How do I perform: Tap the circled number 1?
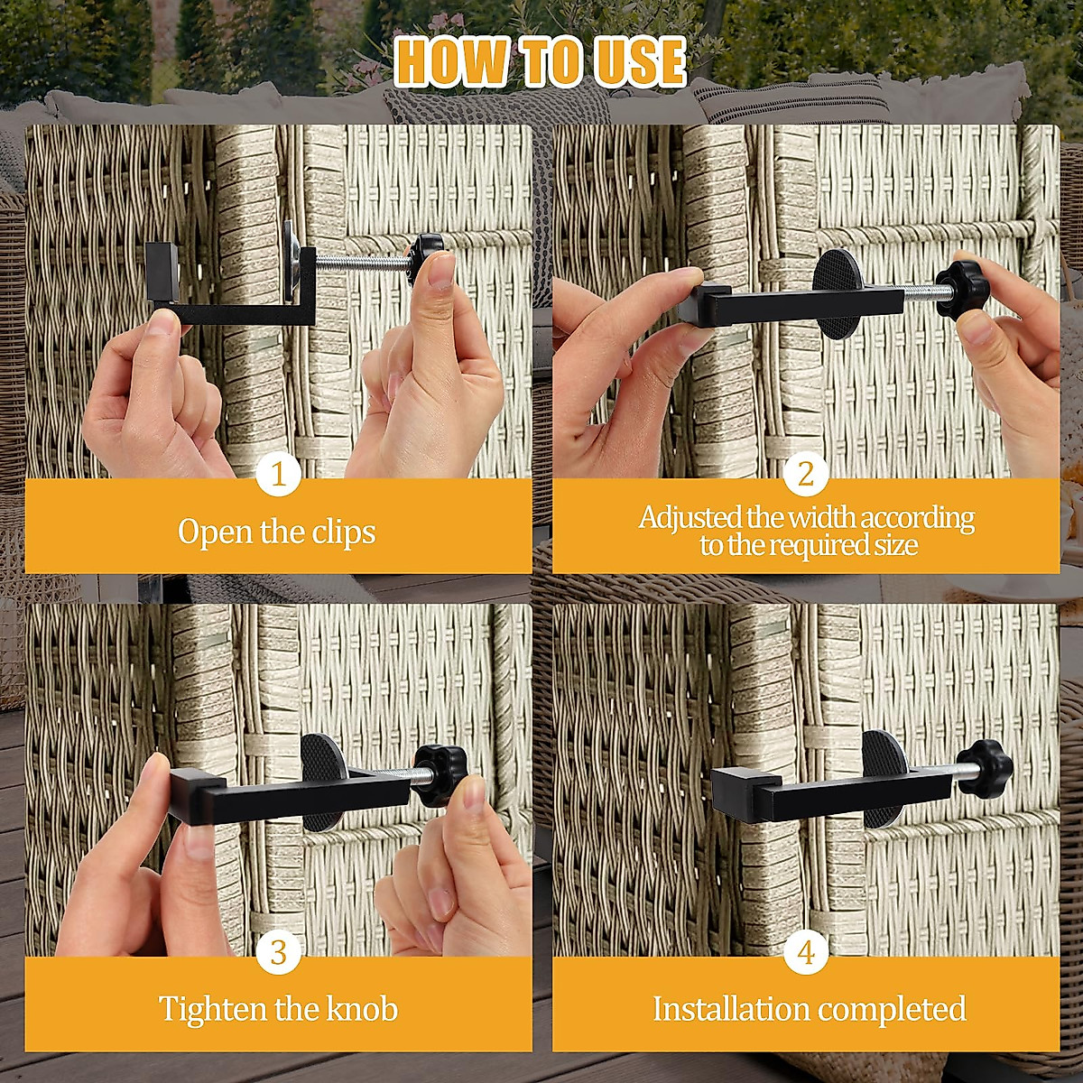[278, 474]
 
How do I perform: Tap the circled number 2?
[805, 474]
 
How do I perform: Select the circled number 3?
[278, 952]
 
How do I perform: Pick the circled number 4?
[805, 952]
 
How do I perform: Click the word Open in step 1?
[215, 532]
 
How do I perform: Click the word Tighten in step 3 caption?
[213, 1008]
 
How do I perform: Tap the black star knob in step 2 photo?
[961, 287]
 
